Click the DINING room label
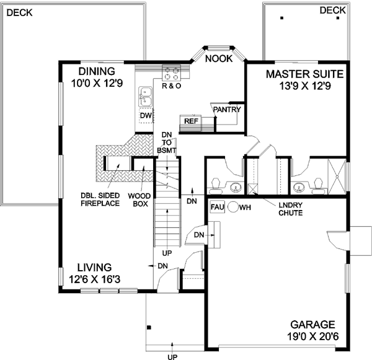[95, 72]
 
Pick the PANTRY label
[226, 110]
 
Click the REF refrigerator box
[190, 122]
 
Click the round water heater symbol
[233, 208]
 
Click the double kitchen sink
[145, 97]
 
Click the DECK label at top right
[333, 11]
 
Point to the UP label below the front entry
[171, 356]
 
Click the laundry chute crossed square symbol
[253, 189]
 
